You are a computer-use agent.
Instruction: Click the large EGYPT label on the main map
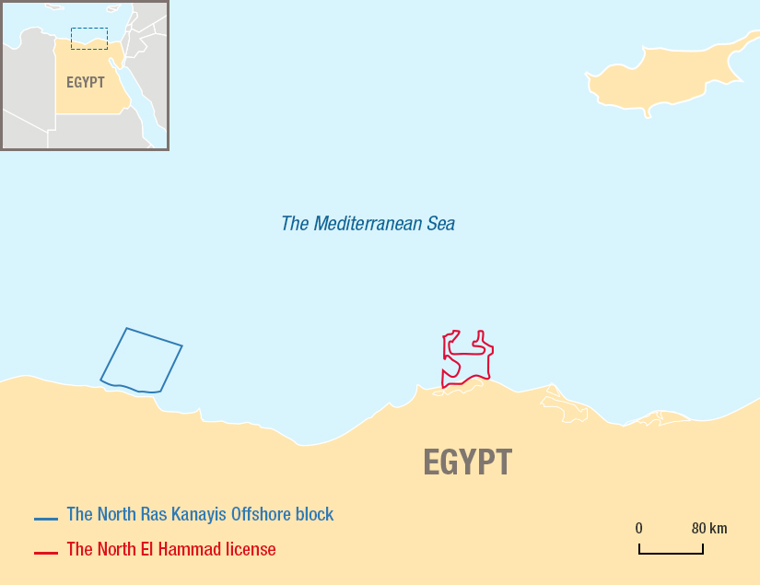click(467, 462)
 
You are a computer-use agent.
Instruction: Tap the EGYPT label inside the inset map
click(86, 82)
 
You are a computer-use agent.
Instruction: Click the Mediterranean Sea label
click(368, 224)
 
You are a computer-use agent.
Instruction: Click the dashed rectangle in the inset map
click(89, 38)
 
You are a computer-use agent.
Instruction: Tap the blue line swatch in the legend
click(46, 519)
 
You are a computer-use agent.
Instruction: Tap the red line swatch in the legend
click(46, 553)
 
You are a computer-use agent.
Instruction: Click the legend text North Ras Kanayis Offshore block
click(200, 514)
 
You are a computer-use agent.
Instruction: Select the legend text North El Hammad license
click(170, 549)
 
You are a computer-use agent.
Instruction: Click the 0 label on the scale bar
click(638, 529)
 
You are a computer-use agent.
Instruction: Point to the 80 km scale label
click(709, 529)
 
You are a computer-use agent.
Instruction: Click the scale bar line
click(671, 553)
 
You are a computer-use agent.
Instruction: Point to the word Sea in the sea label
click(440, 224)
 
